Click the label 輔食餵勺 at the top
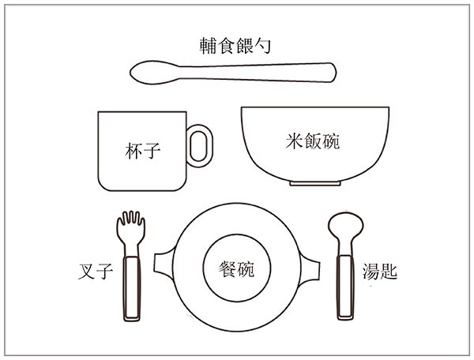(x=235, y=46)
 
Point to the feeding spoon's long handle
(x=257, y=73)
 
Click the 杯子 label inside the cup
(x=143, y=151)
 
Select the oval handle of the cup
(x=200, y=146)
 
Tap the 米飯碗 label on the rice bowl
(x=313, y=141)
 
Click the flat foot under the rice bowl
(x=315, y=183)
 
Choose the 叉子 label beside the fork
(x=96, y=272)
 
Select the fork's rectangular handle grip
(x=132, y=288)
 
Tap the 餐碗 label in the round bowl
(x=237, y=268)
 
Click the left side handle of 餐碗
(x=164, y=264)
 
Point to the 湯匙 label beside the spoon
(x=380, y=271)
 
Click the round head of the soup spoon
(x=345, y=226)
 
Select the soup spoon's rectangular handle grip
(x=345, y=287)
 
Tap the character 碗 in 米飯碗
(x=331, y=141)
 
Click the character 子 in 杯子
(x=152, y=151)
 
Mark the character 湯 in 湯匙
(x=371, y=271)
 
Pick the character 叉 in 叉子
(x=87, y=272)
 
